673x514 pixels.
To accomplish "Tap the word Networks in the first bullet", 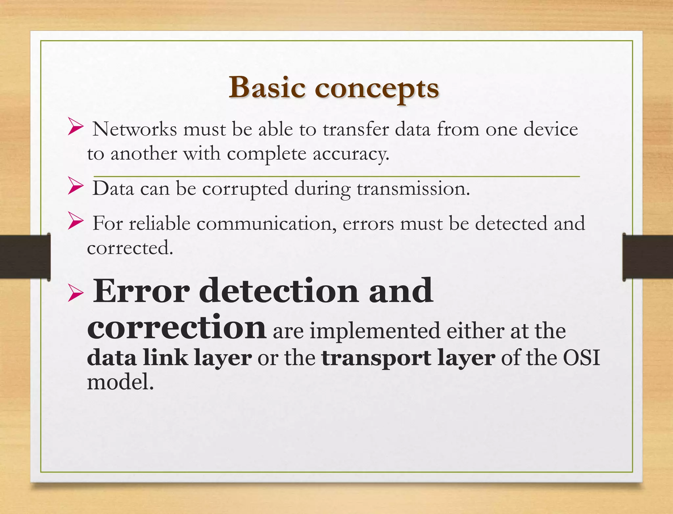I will [135, 129].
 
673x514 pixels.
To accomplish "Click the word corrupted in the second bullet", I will [245, 189].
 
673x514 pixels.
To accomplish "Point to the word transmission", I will [413, 189].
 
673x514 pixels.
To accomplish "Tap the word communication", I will [267, 224].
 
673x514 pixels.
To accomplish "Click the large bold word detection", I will [279, 291].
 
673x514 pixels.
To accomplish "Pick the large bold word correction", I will [176, 327].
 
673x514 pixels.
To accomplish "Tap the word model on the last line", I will [120, 382].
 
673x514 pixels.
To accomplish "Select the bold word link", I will [165, 358].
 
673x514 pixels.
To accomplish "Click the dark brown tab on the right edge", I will [647, 257].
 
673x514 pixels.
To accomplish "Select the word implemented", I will [375, 331].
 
